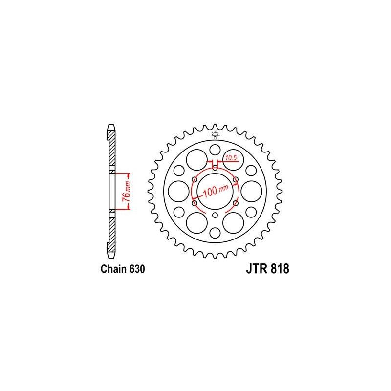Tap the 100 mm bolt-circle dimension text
tap(216, 191)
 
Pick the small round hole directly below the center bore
tap(215, 215)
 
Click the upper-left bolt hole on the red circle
tap(195, 179)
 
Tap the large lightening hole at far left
tap(177, 191)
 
